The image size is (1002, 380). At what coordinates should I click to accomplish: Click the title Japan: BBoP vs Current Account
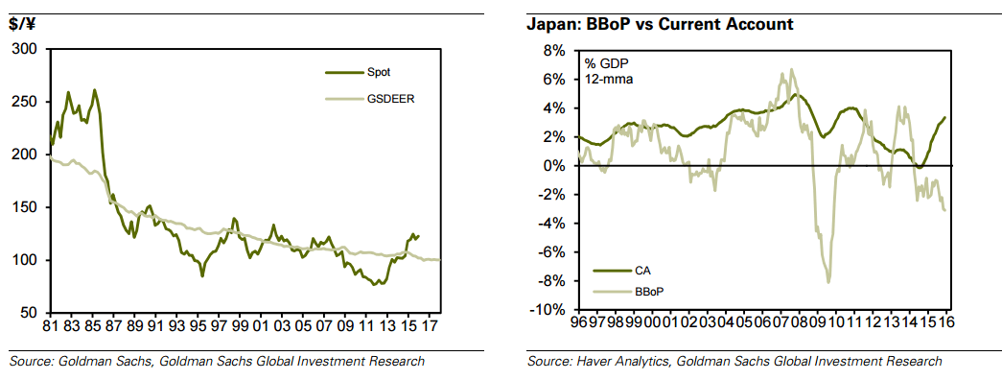click(x=660, y=24)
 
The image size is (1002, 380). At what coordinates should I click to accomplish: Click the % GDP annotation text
click(x=608, y=63)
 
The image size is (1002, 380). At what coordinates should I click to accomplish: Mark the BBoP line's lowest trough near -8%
click(x=828, y=281)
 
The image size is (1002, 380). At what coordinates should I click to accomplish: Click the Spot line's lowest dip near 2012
click(x=377, y=285)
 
